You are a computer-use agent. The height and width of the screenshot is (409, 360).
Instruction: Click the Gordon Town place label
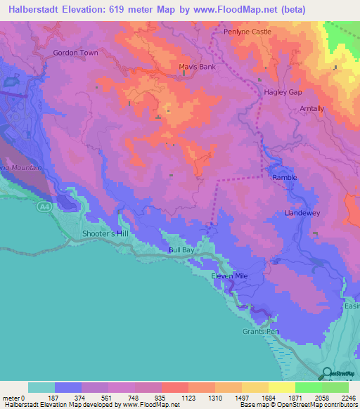pyautogui.click(x=75, y=53)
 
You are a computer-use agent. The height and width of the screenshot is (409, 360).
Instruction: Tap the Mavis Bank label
pyautogui.click(x=197, y=67)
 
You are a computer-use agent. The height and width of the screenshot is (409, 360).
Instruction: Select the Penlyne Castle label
pyautogui.click(x=247, y=32)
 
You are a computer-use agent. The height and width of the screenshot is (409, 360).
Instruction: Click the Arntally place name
pyautogui.click(x=311, y=109)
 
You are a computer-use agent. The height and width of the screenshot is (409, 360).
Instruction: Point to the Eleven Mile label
pyautogui.click(x=230, y=276)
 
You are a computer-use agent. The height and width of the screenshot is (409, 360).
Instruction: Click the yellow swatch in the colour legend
pyautogui.click(x=282, y=387)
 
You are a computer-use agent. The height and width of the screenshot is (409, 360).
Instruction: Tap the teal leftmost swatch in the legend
pyautogui.click(x=41, y=387)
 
